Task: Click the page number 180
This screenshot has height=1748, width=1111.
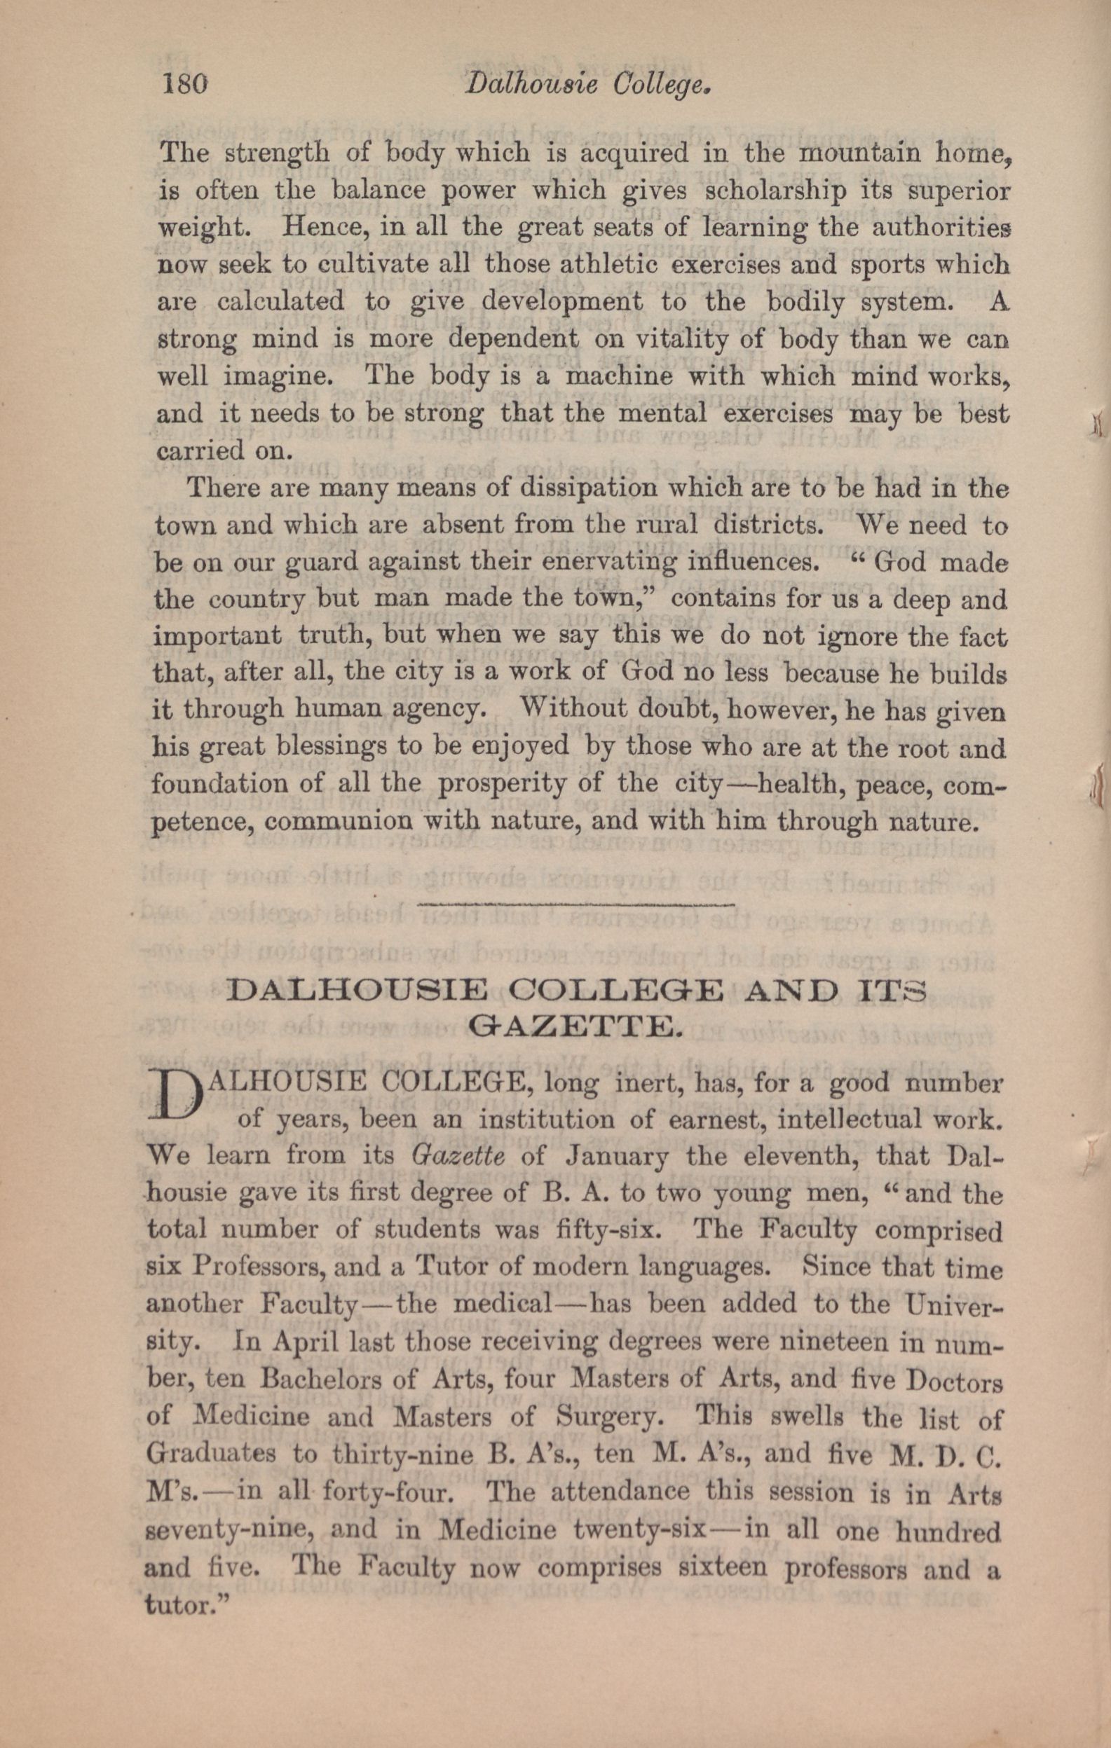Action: (184, 85)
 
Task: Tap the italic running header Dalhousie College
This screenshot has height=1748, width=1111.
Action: (586, 85)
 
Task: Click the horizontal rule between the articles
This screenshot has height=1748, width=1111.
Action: (578, 904)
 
